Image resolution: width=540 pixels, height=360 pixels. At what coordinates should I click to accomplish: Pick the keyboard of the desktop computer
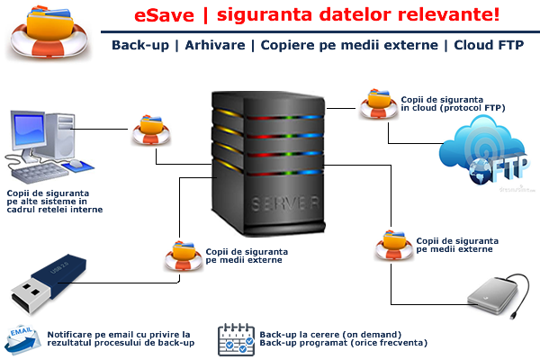tap(45, 170)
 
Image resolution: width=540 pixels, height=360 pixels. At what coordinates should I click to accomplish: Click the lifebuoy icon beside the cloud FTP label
tap(373, 104)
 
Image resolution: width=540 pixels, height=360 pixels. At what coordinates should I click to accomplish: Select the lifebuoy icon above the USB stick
tap(180, 256)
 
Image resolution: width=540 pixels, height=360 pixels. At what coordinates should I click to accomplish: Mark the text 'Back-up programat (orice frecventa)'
tap(343, 343)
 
